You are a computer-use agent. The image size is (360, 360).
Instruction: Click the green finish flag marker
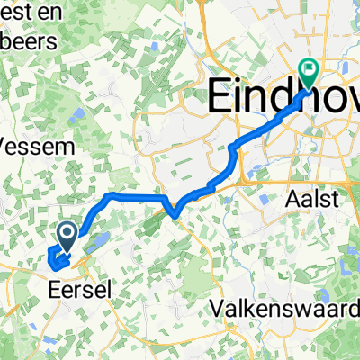point(309,69)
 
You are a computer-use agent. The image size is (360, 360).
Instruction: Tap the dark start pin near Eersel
point(67,237)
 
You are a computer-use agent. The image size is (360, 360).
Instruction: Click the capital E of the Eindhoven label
point(222,95)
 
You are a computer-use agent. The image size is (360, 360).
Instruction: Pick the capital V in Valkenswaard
point(217,309)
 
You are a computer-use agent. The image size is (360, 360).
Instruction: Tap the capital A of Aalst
point(288,197)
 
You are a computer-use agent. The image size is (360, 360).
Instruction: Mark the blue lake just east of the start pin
point(98,240)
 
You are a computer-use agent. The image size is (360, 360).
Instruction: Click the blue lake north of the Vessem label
point(75,115)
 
